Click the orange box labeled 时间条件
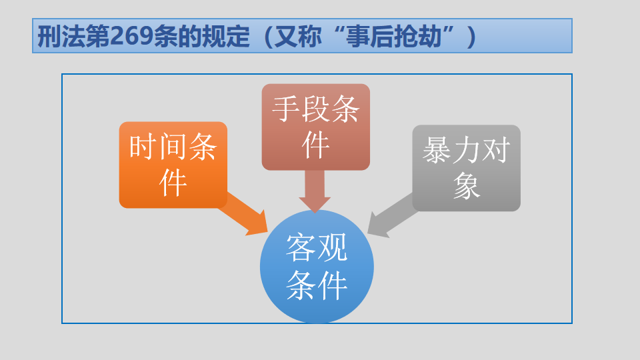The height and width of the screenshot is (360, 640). click(x=173, y=165)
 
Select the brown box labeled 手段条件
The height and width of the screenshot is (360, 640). click(x=315, y=127)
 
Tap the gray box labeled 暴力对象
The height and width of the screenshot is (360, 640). click(x=466, y=168)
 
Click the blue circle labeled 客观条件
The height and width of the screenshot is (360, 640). click(x=317, y=267)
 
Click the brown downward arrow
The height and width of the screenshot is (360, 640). click(x=315, y=191)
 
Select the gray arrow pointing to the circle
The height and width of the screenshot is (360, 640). click(x=393, y=215)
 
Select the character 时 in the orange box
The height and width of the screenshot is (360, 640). click(x=143, y=147)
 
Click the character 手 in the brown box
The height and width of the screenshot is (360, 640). click(x=286, y=109)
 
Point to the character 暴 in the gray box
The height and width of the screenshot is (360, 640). click(x=437, y=150)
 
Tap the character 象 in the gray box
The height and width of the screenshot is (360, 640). click(x=466, y=185)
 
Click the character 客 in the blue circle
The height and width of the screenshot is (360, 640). click(x=301, y=247)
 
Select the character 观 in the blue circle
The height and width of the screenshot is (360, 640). click(x=332, y=247)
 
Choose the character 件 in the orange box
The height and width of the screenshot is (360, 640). click(x=173, y=183)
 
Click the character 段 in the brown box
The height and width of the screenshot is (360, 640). click(x=315, y=109)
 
